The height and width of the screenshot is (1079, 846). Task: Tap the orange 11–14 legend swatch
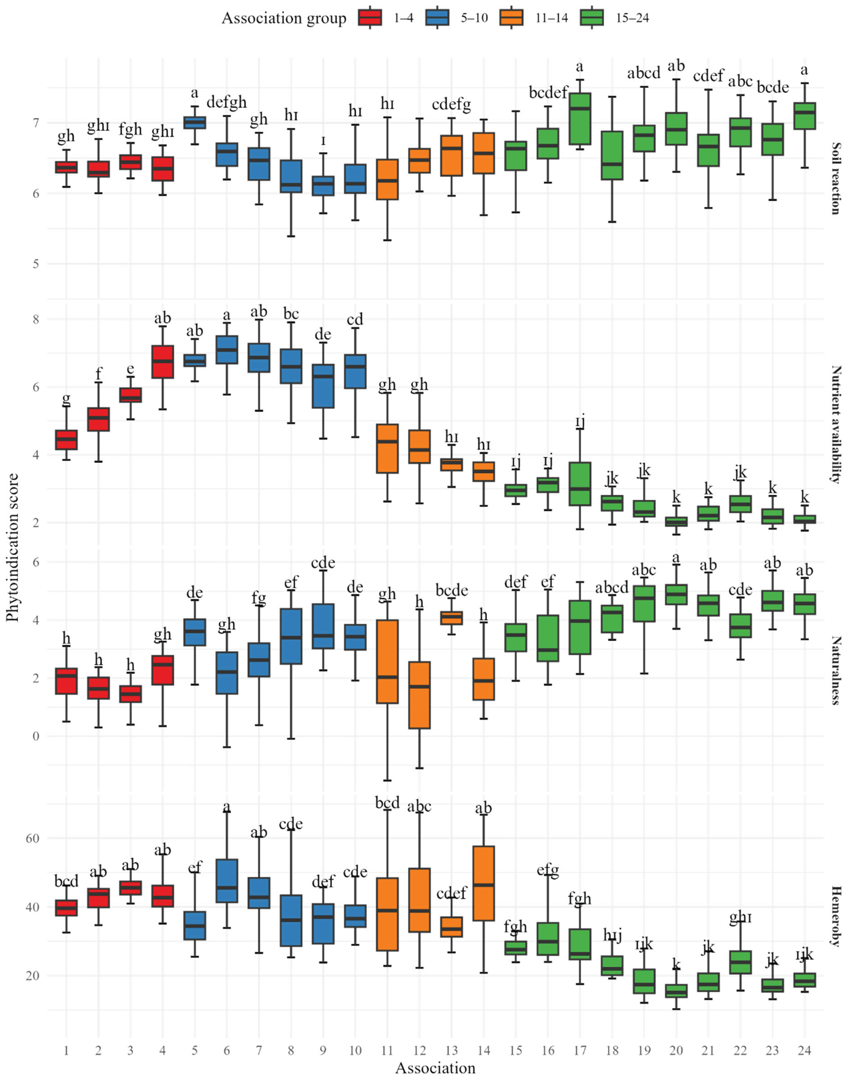point(512,18)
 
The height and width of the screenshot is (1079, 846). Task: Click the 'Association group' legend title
point(284,18)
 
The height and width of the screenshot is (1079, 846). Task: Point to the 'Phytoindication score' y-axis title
point(12,547)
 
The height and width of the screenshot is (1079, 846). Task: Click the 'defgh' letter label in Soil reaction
point(226,102)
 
